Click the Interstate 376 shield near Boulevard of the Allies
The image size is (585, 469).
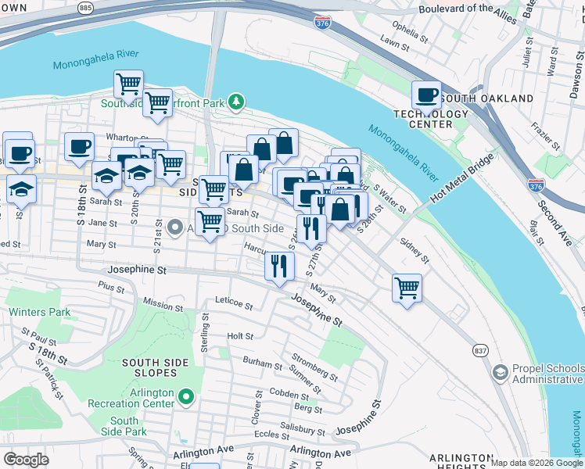click(321, 22)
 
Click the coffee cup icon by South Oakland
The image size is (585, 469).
click(426, 96)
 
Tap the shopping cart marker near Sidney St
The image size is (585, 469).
click(407, 288)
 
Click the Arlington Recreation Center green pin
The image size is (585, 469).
click(186, 398)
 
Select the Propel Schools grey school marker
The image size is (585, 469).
click(498, 373)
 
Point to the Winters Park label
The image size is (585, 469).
click(40, 312)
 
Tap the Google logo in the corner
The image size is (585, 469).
click(26, 460)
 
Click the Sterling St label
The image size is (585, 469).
click(205, 329)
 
